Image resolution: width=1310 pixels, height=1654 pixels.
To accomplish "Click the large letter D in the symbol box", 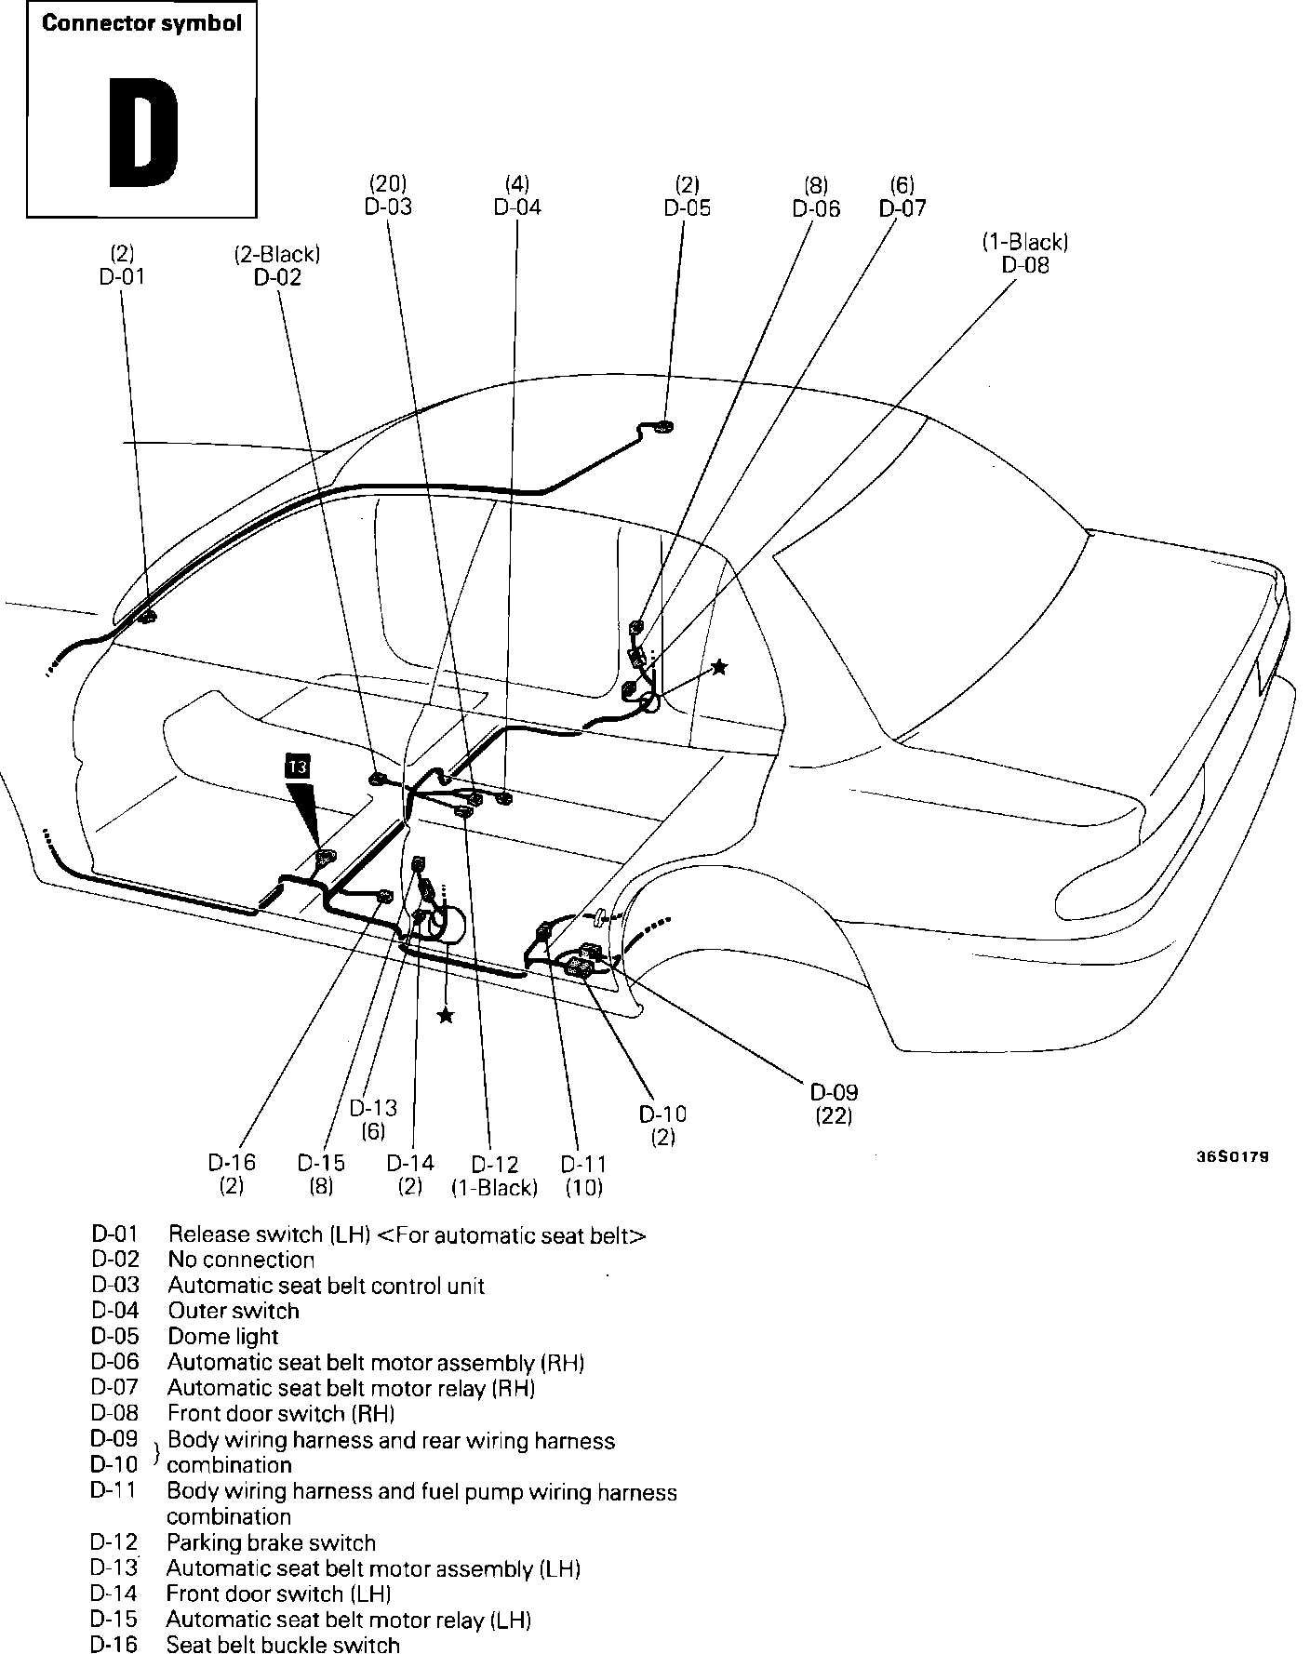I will pyautogui.click(x=143, y=132).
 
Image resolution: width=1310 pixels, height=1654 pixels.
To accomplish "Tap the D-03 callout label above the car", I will pyautogui.click(x=388, y=207).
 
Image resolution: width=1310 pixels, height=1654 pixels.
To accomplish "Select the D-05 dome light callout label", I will pyautogui.click(x=687, y=207).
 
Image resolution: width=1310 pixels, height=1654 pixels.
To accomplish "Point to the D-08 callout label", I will pyautogui.click(x=1025, y=265).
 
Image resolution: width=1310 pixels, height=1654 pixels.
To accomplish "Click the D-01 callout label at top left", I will pyautogui.click(x=122, y=276).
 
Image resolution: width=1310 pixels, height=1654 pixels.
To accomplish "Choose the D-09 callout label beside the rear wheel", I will pyautogui.click(x=834, y=1092).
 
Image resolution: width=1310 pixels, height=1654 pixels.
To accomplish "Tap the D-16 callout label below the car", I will pyautogui.click(x=232, y=1163).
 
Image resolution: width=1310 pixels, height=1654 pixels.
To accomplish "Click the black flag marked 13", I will pyautogui.click(x=298, y=767).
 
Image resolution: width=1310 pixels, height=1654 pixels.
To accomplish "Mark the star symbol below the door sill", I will pyautogui.click(x=447, y=1015).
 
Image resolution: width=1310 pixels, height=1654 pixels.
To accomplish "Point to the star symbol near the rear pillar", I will pyautogui.click(x=719, y=666).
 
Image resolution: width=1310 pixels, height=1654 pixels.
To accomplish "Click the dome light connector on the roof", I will pyautogui.click(x=664, y=427).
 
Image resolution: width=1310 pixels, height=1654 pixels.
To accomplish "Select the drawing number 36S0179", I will pyautogui.click(x=1233, y=1158).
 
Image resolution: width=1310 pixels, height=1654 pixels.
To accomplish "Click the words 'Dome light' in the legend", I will pyautogui.click(x=223, y=1337).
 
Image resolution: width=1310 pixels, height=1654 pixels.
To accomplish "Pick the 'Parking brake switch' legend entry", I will pyautogui.click(x=271, y=1542).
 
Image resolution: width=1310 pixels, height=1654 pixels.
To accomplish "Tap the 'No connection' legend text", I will pyautogui.click(x=241, y=1260).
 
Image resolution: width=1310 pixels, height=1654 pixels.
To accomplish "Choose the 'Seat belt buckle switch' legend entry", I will pyautogui.click(x=283, y=1645).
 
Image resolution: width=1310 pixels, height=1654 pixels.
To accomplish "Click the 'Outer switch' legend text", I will pyautogui.click(x=234, y=1311).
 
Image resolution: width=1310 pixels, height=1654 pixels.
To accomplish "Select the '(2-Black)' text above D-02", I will pyautogui.click(x=277, y=254).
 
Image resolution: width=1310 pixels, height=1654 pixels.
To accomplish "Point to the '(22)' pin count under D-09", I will pyautogui.click(x=834, y=1115).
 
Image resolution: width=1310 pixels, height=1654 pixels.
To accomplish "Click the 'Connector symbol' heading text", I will pyautogui.click(x=141, y=24).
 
